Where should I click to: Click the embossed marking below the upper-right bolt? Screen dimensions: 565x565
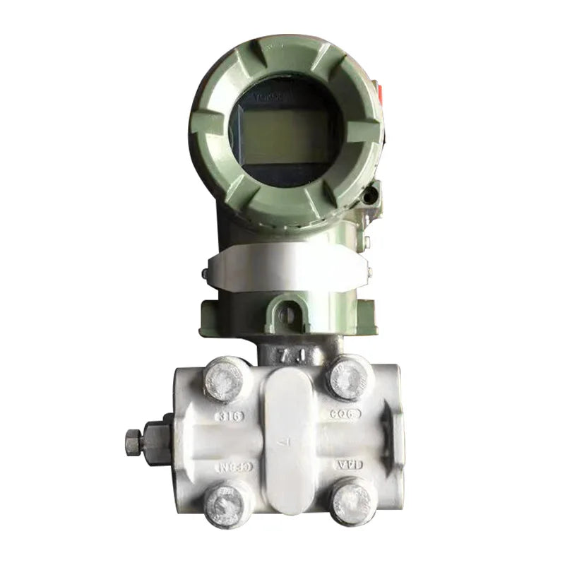tap(345, 414)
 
